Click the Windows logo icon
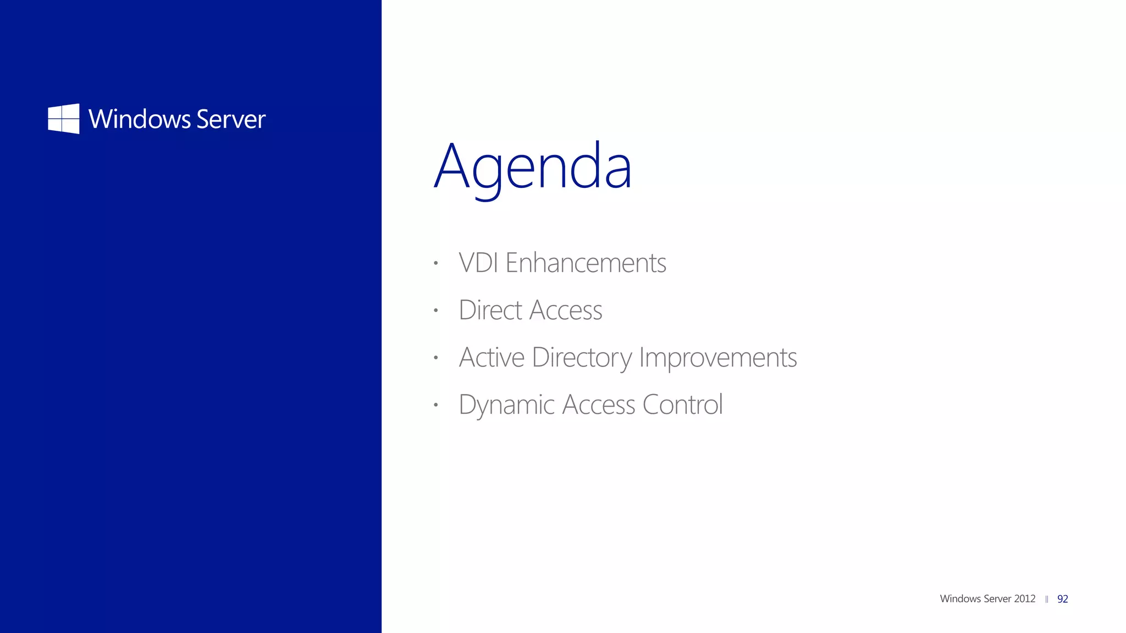pyautogui.click(x=64, y=119)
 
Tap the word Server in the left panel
pyautogui.click(x=231, y=119)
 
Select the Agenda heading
pyautogui.click(x=533, y=166)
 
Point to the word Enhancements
pyautogui.click(x=586, y=263)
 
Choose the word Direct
pyautogui.click(x=490, y=310)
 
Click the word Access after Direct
pyautogui.click(x=566, y=310)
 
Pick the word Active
pyautogui.click(x=492, y=357)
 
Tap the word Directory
pyautogui.click(x=582, y=358)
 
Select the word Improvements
pyautogui.click(x=717, y=358)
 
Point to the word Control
pyautogui.click(x=682, y=404)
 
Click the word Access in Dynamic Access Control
pyautogui.click(x=599, y=405)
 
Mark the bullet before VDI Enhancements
pyautogui.click(x=435, y=263)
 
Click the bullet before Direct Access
pyautogui.click(x=435, y=310)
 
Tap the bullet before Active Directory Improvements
pyautogui.click(x=435, y=358)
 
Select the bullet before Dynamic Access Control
pyautogui.click(x=435, y=405)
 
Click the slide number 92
pyautogui.click(x=1062, y=599)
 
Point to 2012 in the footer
pyautogui.click(x=1025, y=599)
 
